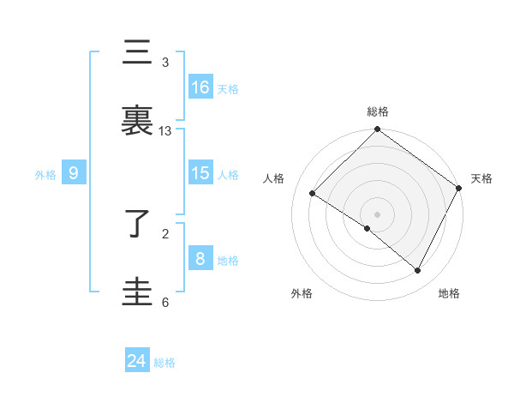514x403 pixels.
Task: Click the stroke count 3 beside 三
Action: tap(165, 63)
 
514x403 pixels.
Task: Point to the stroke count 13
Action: tap(165, 131)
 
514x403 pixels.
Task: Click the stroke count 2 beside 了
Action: tap(165, 233)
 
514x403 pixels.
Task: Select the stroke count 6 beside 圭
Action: tap(165, 302)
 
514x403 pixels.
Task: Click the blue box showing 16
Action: tap(200, 87)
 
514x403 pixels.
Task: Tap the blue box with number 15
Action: tap(200, 173)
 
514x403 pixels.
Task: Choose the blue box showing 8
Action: tap(200, 259)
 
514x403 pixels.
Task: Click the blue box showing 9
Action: tap(74, 173)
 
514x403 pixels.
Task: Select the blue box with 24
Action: tap(137, 361)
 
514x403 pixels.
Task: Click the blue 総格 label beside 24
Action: tap(164, 363)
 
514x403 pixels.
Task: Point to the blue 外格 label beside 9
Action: tap(45, 174)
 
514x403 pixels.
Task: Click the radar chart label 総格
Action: tap(378, 111)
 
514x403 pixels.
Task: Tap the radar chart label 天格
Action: tap(481, 178)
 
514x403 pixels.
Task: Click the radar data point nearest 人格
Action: tap(313, 194)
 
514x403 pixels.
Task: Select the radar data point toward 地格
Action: tap(418, 271)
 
